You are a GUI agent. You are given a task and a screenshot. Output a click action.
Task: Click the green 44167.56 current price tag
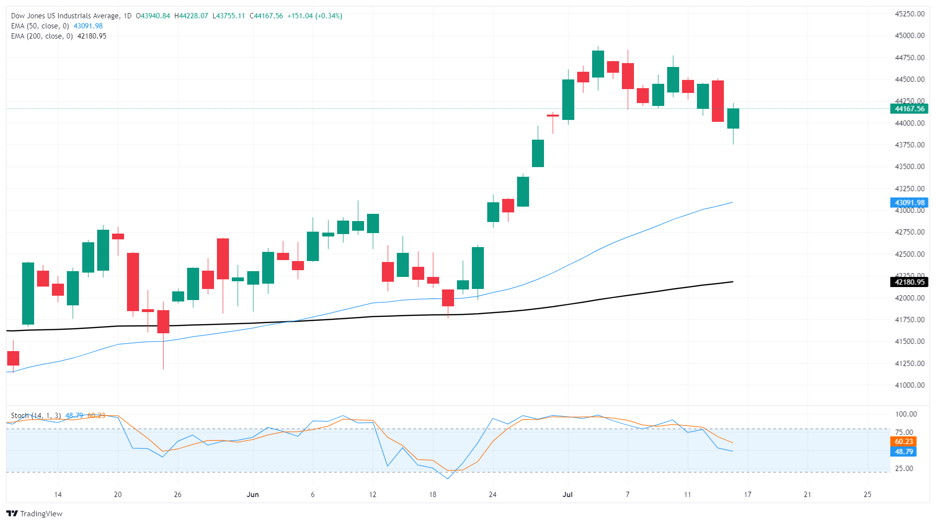(x=909, y=109)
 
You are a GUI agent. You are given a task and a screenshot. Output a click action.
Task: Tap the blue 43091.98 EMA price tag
(x=909, y=203)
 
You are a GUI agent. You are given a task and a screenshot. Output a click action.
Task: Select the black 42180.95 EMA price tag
(x=909, y=282)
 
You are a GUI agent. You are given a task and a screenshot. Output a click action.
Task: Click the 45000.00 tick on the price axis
(x=909, y=36)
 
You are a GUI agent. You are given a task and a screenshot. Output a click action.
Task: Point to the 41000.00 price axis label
(x=909, y=385)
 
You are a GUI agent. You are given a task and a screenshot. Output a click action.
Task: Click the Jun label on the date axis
(x=253, y=495)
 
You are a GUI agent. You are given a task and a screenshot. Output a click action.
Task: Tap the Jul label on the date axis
(x=568, y=495)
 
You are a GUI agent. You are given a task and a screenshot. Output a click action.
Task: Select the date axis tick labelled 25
(x=867, y=495)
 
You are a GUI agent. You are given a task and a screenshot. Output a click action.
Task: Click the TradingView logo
(x=34, y=513)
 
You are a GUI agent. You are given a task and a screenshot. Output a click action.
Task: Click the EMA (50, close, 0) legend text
(x=40, y=26)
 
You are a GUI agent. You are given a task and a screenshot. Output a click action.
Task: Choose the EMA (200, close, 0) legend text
(x=42, y=36)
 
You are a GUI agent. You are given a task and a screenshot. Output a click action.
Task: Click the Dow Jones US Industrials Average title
(x=65, y=16)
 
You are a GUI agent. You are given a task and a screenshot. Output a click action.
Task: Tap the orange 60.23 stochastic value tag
(x=904, y=442)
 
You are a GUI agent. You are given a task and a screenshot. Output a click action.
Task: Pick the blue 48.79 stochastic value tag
(x=904, y=452)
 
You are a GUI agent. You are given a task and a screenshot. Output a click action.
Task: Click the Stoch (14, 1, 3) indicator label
(x=36, y=415)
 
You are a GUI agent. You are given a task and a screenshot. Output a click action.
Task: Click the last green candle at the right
(x=733, y=118)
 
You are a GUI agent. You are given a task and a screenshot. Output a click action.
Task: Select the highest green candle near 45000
(x=598, y=64)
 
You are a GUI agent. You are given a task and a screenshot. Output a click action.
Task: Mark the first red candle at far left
(x=13, y=358)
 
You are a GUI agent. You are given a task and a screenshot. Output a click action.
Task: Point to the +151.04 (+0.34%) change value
(x=315, y=16)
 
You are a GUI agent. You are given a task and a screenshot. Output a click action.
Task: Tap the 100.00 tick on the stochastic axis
(x=906, y=414)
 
